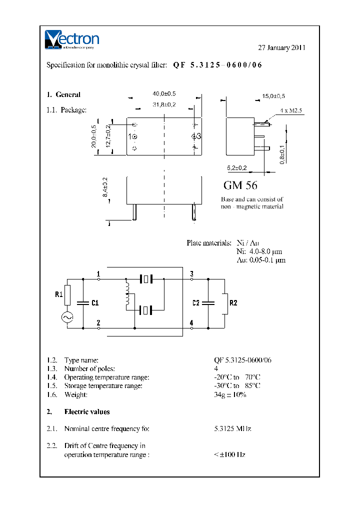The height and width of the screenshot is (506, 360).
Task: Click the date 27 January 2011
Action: (281, 48)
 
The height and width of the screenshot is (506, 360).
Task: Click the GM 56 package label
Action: (240, 185)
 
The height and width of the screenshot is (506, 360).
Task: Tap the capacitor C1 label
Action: (95, 302)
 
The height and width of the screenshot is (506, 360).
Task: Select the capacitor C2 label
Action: (196, 302)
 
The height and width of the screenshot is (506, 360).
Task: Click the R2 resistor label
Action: (233, 302)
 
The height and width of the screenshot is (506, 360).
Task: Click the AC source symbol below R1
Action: (67, 317)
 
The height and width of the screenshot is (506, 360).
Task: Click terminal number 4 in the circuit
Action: (192, 323)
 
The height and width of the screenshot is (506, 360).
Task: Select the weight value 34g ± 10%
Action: (230, 394)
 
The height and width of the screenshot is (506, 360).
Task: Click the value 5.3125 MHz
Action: (232, 428)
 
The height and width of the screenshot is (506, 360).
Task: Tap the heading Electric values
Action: (87, 411)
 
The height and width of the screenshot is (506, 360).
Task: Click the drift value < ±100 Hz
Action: (229, 454)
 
